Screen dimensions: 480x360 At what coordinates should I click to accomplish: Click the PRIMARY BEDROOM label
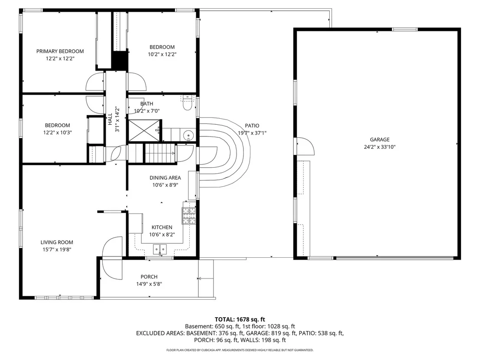(60, 51)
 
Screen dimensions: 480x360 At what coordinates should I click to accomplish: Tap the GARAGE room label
(379, 139)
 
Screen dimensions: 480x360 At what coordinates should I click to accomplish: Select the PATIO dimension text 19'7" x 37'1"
(252, 133)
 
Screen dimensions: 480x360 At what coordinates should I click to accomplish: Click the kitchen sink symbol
(159, 249)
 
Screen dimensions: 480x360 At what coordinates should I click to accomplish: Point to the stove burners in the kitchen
(189, 216)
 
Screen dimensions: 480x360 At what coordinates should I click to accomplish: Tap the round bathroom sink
(188, 135)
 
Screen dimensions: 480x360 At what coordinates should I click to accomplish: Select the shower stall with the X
(144, 131)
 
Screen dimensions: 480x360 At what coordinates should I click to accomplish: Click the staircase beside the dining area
(159, 153)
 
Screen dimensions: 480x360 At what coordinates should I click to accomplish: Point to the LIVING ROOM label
(57, 242)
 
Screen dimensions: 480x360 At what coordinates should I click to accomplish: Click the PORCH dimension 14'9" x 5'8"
(149, 284)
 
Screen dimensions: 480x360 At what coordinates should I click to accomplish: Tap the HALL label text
(110, 119)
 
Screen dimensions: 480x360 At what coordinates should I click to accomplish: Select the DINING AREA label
(165, 178)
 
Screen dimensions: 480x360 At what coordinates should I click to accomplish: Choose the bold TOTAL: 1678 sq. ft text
(240, 320)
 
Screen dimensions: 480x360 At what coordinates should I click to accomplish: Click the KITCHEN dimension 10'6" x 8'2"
(162, 234)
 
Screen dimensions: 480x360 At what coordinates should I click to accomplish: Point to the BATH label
(146, 104)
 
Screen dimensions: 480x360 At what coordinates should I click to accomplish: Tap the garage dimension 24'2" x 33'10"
(379, 146)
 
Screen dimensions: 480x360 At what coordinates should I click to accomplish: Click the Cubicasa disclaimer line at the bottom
(240, 350)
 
